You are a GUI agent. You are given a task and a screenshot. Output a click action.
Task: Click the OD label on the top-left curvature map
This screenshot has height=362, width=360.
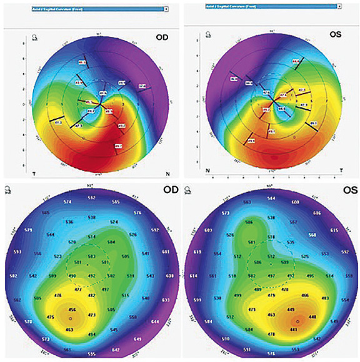click(x=162, y=37)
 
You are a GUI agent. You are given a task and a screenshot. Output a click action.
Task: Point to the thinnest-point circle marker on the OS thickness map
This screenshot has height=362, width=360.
click(x=298, y=321)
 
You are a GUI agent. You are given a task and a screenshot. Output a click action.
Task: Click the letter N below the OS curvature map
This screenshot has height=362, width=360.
click(x=209, y=170)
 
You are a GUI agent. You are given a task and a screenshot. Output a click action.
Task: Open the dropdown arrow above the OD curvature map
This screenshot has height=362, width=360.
click(x=166, y=10)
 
